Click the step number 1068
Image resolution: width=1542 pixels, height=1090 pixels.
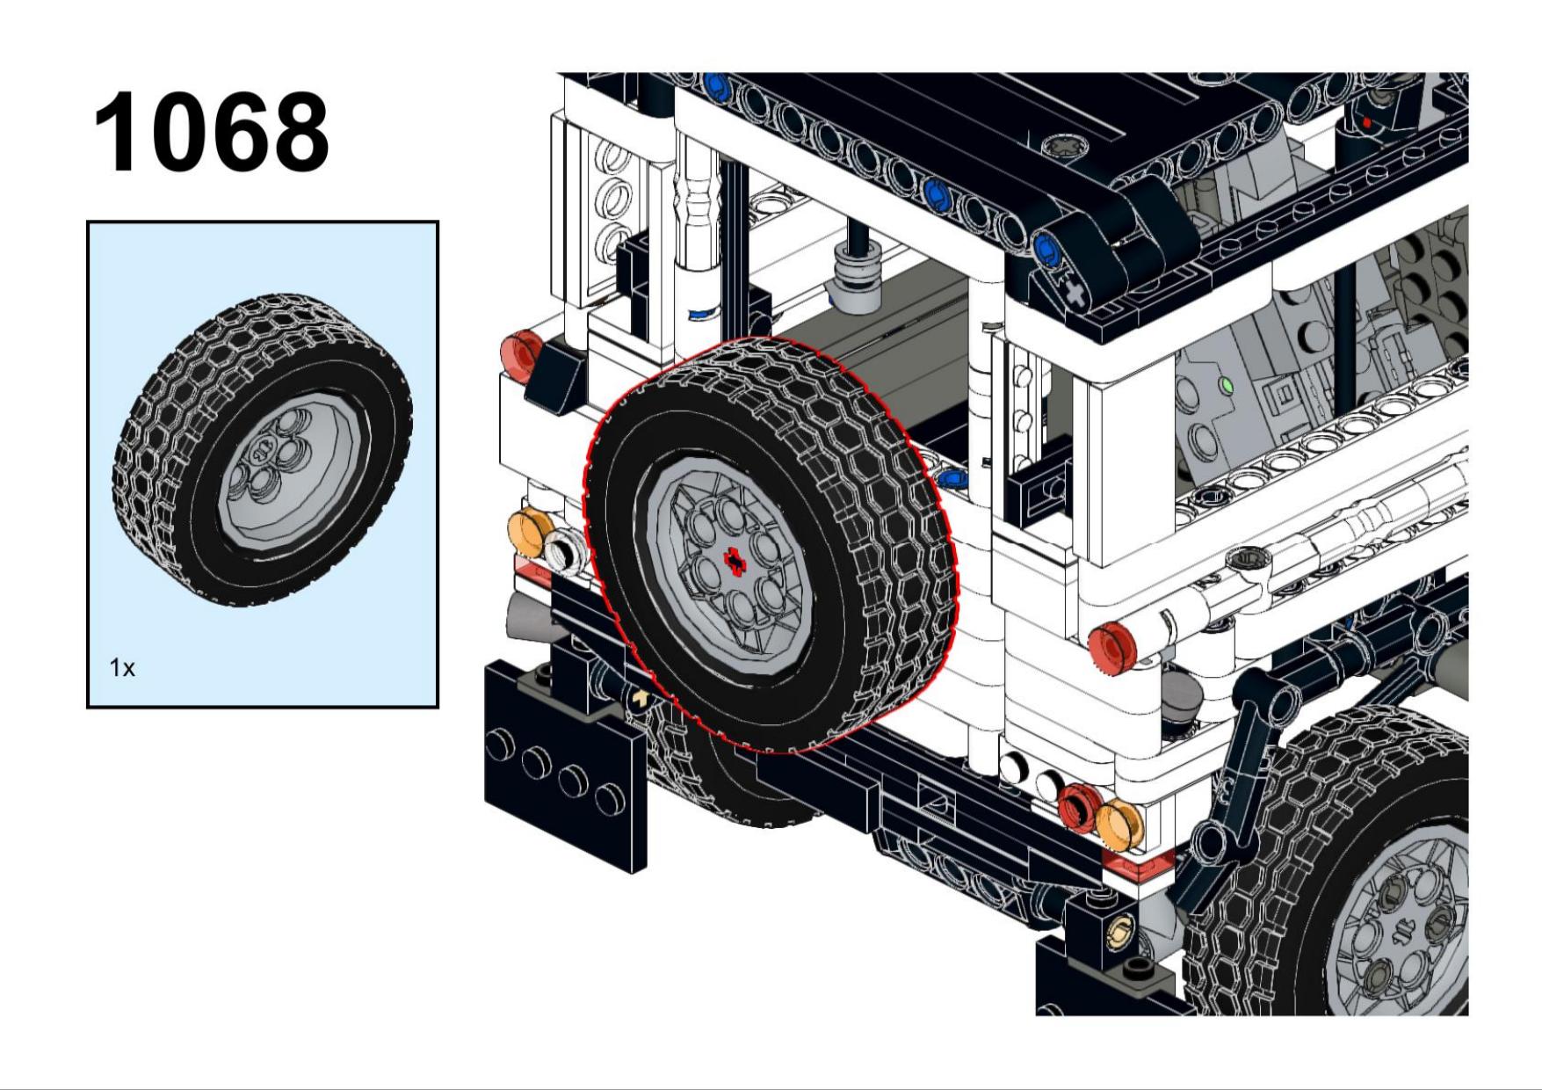pyautogui.click(x=211, y=132)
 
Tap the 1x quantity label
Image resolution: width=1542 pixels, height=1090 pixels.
pyautogui.click(x=122, y=668)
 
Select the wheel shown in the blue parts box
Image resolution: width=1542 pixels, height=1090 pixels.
pyautogui.click(x=262, y=450)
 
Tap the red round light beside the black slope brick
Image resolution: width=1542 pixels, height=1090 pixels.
pyautogui.click(x=521, y=355)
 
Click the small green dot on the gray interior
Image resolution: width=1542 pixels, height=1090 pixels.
pyautogui.click(x=1227, y=385)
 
